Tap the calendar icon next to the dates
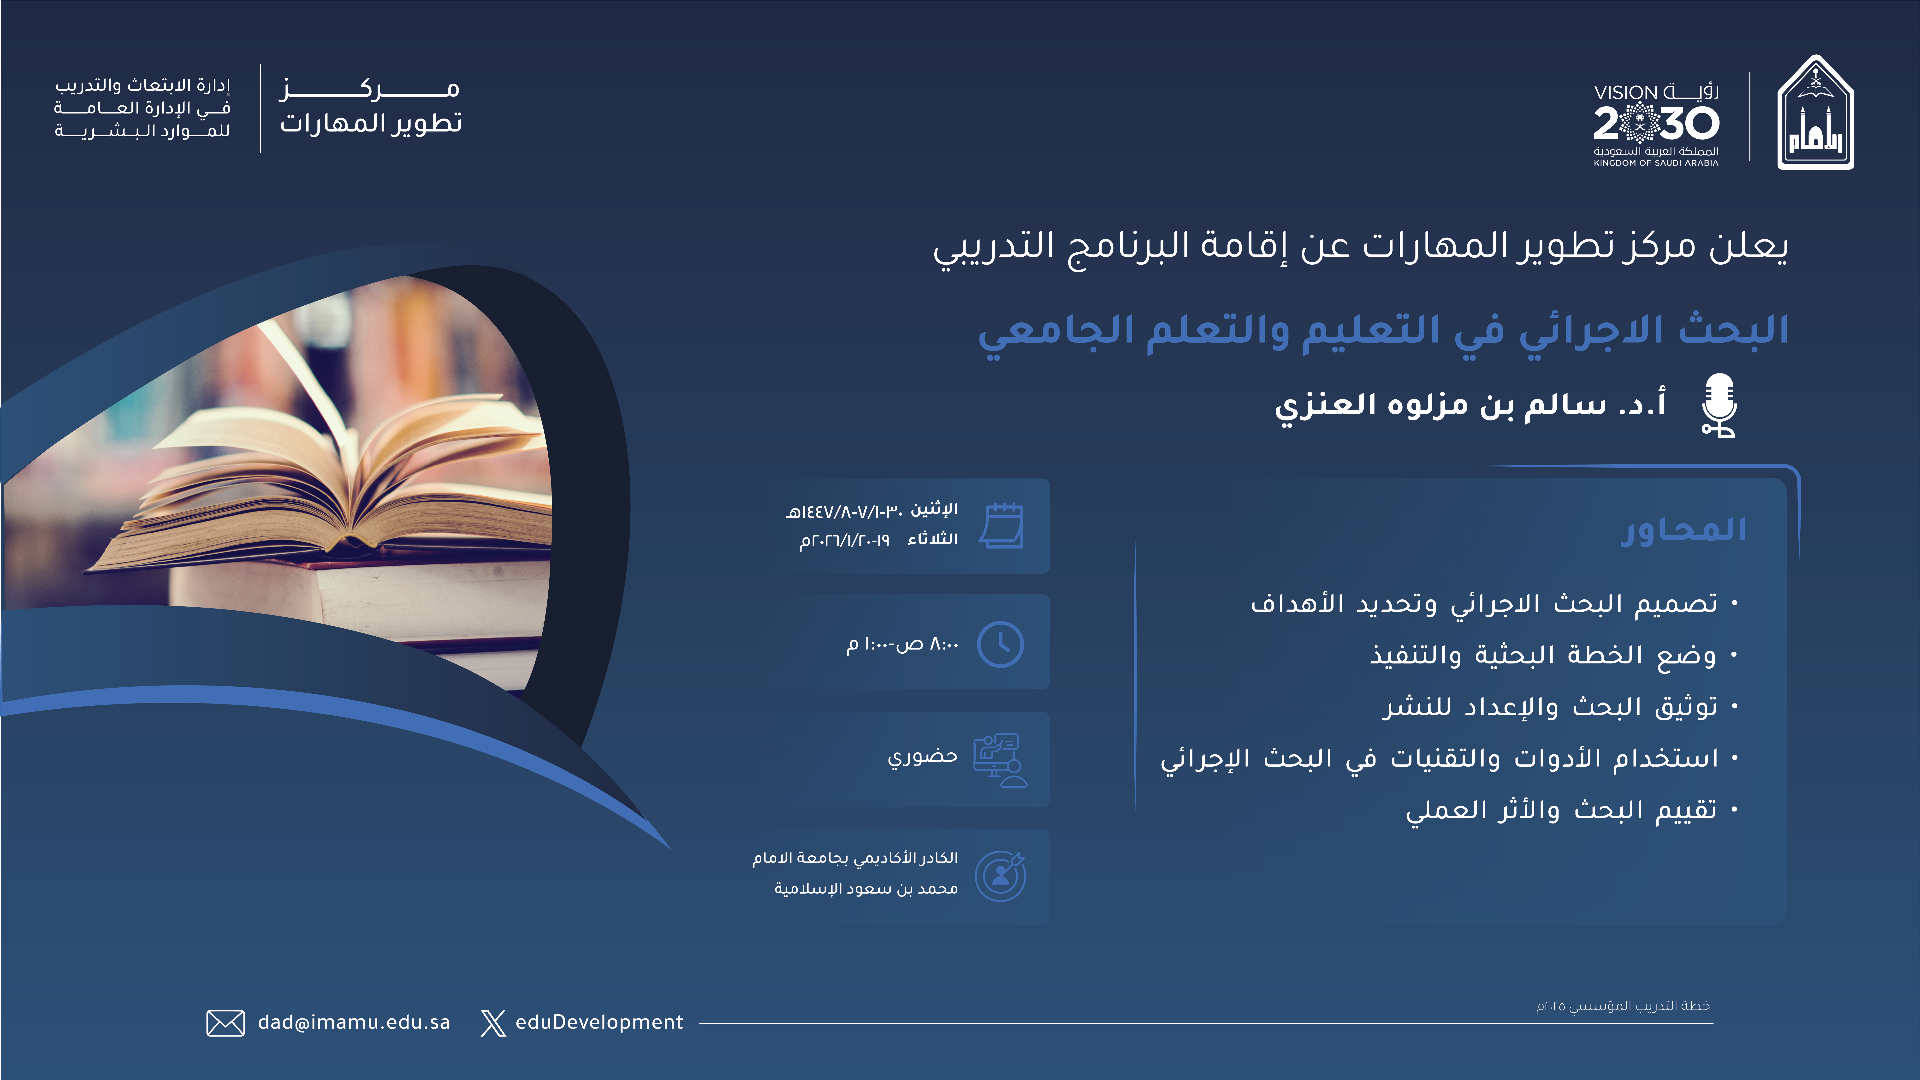(x=1001, y=525)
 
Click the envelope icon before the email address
(x=225, y=1023)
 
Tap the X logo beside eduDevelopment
(x=493, y=1023)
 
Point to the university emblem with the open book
(x=1816, y=113)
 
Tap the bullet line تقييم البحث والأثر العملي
(x=1561, y=810)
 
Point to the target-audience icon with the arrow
(x=1001, y=876)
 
